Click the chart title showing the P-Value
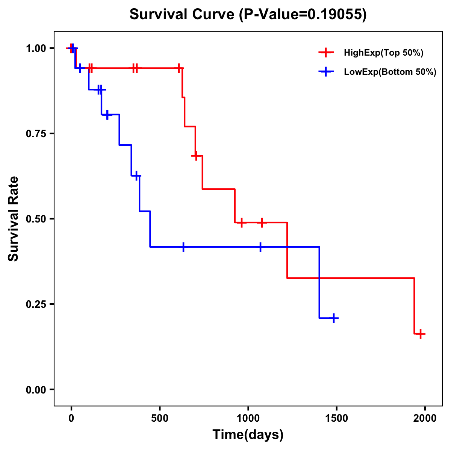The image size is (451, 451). (x=248, y=15)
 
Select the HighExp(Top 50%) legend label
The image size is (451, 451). (x=384, y=53)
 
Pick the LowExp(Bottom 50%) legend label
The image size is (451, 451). (x=390, y=72)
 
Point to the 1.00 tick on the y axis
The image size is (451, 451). (x=36, y=48)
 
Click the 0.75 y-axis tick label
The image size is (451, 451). (x=36, y=134)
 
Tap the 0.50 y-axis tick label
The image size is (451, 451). (x=36, y=219)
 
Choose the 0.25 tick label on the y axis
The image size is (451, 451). (x=36, y=304)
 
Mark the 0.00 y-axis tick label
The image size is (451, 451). (x=36, y=390)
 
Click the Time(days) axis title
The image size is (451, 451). (x=248, y=435)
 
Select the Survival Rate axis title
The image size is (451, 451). (x=14, y=219)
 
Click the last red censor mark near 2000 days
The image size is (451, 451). (x=421, y=334)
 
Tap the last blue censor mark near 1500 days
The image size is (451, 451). (x=333, y=318)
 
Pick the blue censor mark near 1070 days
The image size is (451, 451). (x=260, y=247)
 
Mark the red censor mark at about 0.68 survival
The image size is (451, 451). (x=195, y=156)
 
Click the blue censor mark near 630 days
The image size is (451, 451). (x=183, y=247)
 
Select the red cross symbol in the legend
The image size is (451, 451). (x=326, y=53)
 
